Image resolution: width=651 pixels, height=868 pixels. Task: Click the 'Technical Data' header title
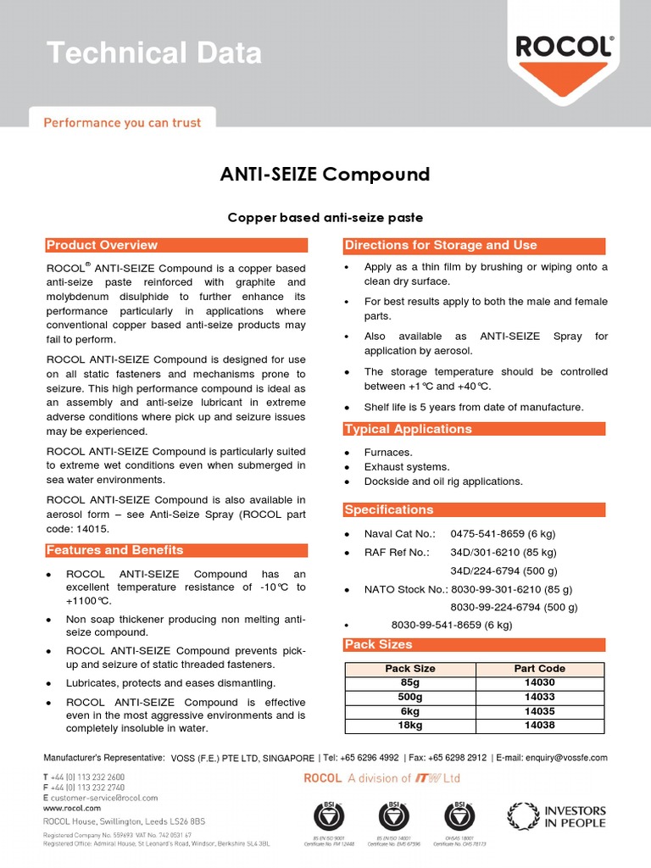click(154, 53)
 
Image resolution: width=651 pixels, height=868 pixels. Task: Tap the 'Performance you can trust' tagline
click(122, 123)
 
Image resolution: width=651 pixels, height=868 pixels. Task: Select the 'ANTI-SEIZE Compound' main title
click(325, 175)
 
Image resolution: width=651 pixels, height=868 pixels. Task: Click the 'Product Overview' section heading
click(102, 245)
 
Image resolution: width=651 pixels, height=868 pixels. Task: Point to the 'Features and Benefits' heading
click(114, 550)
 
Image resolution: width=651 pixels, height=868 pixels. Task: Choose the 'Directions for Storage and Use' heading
click(440, 245)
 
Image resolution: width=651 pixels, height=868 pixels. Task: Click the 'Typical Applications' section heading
click(408, 429)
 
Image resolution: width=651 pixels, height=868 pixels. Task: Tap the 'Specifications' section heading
click(388, 509)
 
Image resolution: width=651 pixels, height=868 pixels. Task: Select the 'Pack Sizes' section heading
click(378, 645)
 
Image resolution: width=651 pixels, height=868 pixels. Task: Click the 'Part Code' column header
click(539, 669)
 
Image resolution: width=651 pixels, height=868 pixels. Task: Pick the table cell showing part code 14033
click(539, 697)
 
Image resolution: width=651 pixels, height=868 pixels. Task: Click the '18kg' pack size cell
click(410, 726)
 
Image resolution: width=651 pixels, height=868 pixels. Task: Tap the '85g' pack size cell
click(410, 682)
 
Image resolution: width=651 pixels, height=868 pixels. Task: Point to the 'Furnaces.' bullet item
click(388, 453)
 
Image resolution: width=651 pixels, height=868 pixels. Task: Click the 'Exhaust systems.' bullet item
click(407, 467)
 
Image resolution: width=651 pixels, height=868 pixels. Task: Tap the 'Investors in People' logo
click(557, 816)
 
